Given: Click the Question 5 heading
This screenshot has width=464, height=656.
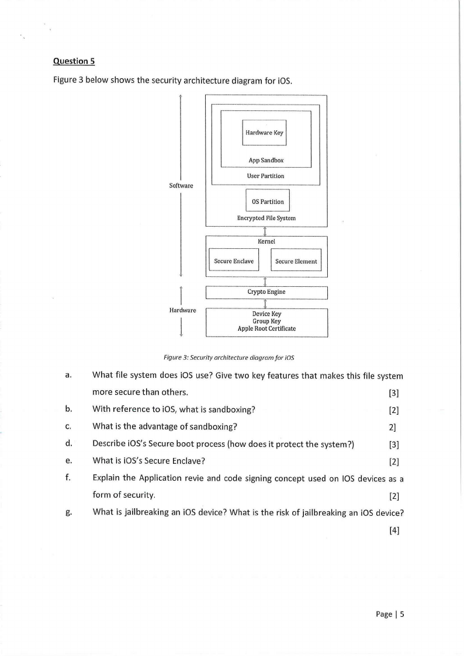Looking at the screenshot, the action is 74,61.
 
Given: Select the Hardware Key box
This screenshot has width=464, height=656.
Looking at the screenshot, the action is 264,133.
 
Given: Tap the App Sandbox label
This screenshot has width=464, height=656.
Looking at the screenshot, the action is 266,160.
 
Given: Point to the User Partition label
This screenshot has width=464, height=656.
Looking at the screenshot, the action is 265,176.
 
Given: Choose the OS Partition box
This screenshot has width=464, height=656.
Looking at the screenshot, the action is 267,201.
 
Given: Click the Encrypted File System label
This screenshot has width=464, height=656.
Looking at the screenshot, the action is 266,218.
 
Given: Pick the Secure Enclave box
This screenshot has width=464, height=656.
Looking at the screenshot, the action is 234,261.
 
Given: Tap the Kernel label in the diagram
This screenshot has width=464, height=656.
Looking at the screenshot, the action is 266,241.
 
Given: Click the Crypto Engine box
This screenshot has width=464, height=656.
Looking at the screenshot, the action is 266,293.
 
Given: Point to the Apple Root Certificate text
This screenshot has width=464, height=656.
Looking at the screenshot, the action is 266,329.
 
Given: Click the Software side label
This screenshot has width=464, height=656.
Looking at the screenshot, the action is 181,186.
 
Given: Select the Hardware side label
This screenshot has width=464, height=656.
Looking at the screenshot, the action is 182,310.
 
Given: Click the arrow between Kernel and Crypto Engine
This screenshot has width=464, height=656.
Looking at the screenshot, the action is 265,282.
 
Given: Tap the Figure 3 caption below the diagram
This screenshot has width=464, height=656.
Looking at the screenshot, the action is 229,357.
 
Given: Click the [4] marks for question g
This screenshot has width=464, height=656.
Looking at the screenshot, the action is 394,530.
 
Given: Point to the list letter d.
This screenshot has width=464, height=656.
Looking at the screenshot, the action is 68,443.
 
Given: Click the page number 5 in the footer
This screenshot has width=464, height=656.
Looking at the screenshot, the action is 402,614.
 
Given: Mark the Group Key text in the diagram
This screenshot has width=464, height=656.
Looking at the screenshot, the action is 266,321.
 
